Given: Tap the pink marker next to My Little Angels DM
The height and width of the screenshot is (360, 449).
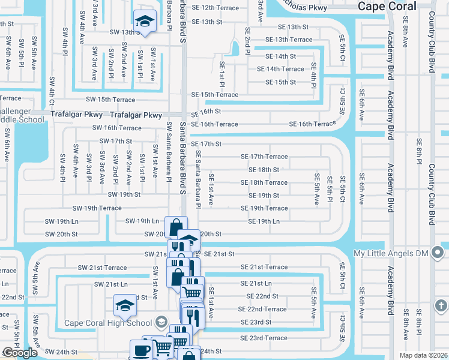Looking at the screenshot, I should point(441,253).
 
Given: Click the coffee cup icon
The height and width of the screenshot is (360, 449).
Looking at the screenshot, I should point(142,350).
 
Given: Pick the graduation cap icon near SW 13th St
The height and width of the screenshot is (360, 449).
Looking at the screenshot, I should point(144,22).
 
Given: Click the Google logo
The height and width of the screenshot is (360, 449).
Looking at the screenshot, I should point(20,353).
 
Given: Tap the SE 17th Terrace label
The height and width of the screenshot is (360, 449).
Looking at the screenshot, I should point(264,157).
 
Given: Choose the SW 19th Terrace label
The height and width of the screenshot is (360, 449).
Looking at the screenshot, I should point(97,208).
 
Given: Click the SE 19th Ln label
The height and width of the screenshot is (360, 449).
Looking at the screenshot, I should point(264,221).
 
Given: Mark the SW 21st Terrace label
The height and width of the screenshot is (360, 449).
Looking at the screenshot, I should point(103,268).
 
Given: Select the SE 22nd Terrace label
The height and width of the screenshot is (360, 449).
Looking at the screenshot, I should point(262,309).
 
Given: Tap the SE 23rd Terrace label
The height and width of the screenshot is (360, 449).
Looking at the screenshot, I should point(264,338).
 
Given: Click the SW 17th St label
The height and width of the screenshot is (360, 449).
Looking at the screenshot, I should point(115,142).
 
